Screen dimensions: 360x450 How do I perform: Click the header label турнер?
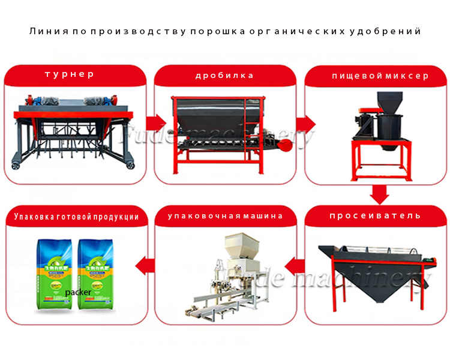tap(70, 75)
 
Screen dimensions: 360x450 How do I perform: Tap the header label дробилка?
tap(224, 76)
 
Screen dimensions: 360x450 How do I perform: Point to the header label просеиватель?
tap(375, 216)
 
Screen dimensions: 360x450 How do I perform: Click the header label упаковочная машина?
tap(225, 216)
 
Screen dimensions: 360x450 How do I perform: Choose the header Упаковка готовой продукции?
tap(76, 217)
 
